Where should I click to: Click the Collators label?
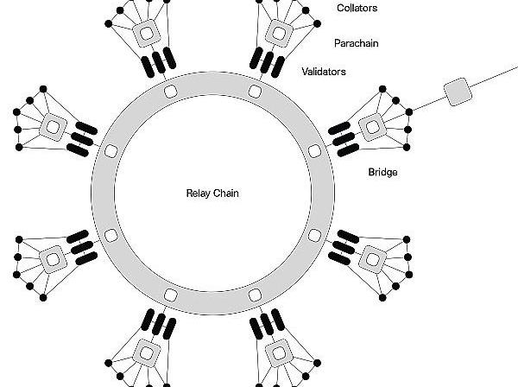(357, 9)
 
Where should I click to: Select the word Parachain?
(357, 42)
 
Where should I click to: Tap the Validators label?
(324, 72)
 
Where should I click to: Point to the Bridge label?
(382, 173)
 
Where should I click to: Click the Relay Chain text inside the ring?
(212, 193)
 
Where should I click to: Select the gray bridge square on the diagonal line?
(455, 91)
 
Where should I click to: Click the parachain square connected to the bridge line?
(373, 125)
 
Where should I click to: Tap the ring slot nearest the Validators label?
(254, 90)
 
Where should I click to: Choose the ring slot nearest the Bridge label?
(314, 152)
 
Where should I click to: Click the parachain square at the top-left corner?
(146, 34)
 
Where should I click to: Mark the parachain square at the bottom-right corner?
(279, 352)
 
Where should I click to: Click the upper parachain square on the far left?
(53, 126)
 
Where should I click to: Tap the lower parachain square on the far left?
(53, 257)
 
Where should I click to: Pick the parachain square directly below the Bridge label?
(373, 257)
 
